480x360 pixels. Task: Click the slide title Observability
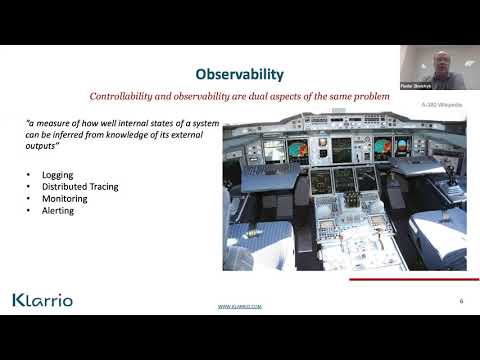[x=240, y=74]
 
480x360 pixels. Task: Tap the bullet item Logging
[x=57, y=174]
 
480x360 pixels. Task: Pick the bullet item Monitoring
[x=64, y=198]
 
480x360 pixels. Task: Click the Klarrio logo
[x=42, y=300]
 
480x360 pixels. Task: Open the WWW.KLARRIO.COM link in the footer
[x=239, y=308]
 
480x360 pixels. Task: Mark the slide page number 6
[x=461, y=300]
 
